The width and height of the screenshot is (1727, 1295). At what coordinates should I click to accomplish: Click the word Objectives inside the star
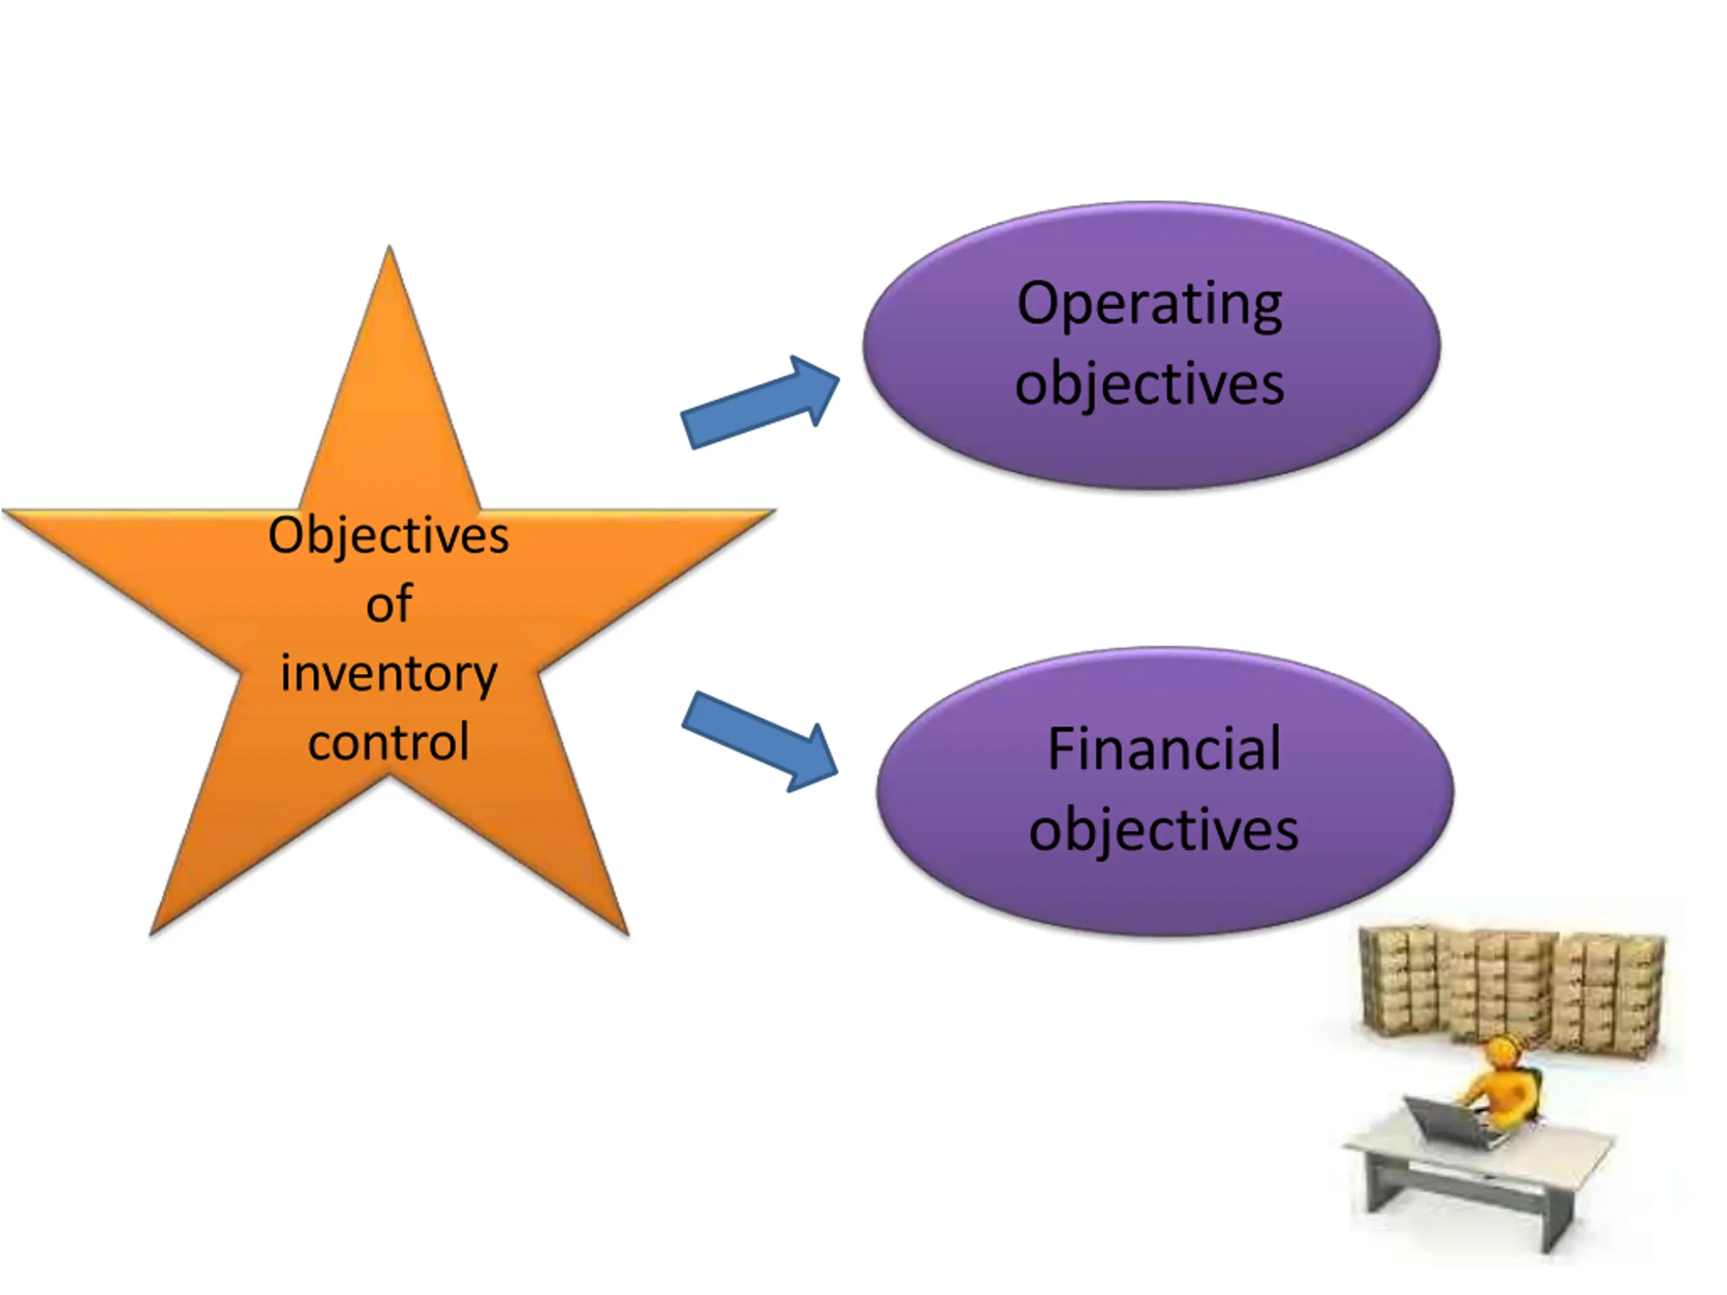click(x=388, y=536)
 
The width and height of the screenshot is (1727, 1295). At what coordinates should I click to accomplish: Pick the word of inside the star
click(x=389, y=604)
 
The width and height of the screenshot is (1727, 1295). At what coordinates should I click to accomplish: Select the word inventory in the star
click(x=388, y=673)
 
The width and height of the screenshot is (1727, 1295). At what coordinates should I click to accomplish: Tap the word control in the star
click(x=388, y=741)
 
